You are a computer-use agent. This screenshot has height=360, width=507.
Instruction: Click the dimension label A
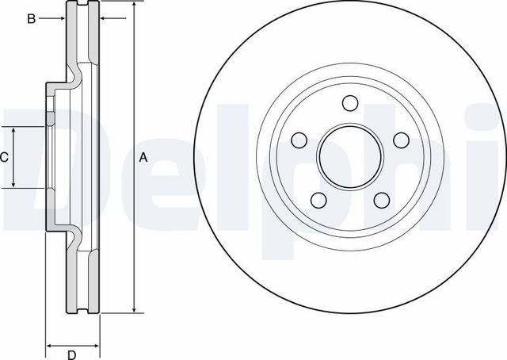(x=143, y=157)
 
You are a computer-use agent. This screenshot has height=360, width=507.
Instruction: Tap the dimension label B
(x=31, y=18)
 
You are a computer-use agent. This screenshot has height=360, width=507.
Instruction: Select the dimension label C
(x=4, y=157)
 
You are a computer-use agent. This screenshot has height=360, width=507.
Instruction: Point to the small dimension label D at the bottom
(x=71, y=354)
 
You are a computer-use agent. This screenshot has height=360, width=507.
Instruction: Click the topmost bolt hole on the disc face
(x=349, y=102)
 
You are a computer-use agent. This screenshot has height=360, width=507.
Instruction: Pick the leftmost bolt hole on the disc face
(x=299, y=140)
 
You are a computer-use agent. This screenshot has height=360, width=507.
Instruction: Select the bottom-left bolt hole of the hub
(x=318, y=200)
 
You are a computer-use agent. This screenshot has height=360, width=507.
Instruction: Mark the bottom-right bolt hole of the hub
(x=379, y=200)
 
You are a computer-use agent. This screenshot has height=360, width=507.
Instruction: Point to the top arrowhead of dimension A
(x=133, y=9)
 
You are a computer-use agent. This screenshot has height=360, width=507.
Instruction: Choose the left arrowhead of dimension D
(x=50, y=346)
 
